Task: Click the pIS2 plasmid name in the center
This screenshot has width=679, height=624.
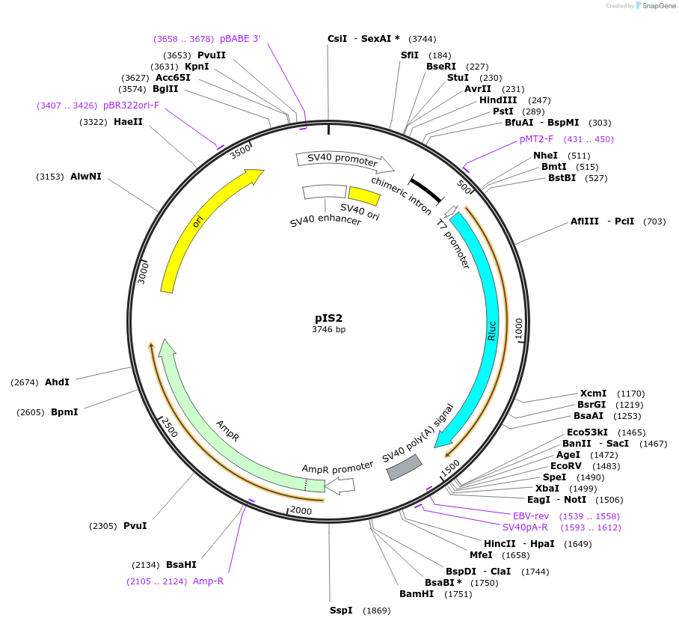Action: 328,318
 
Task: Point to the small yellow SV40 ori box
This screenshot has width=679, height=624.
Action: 364,196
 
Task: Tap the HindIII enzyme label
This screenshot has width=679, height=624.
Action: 498,100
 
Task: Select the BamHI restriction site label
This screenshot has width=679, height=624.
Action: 417,594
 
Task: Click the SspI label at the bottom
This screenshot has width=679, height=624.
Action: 341,611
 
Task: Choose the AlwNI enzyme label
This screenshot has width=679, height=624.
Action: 86,177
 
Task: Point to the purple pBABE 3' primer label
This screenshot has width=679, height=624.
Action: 240,39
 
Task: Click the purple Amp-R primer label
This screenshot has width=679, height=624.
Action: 208,581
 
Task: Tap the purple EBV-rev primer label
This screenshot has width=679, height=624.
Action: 531,516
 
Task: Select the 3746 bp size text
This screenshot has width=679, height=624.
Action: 328,329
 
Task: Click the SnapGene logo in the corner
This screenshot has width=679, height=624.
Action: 651,6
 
